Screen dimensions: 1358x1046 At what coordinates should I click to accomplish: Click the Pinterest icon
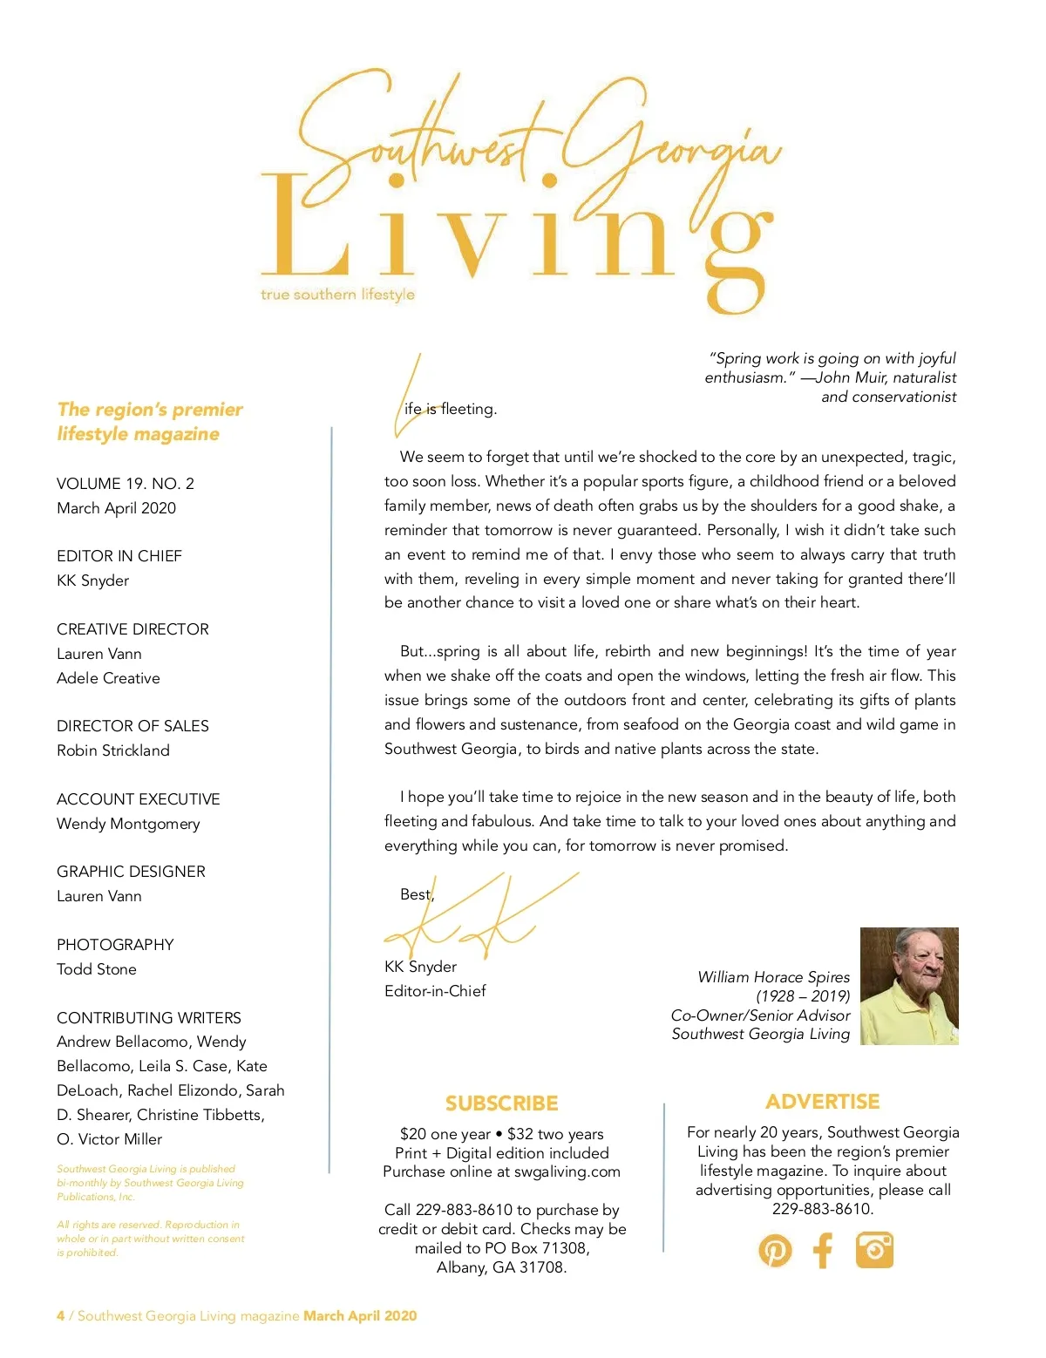click(x=775, y=1251)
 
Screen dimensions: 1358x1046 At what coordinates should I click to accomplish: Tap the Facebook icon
click(x=824, y=1251)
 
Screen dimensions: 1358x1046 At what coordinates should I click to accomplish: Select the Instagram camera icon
click(x=874, y=1250)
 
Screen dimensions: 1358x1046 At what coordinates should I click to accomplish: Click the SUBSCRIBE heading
click(x=501, y=1103)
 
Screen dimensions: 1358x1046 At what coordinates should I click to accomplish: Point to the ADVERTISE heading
click(x=822, y=1102)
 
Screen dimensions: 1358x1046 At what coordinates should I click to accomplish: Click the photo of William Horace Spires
click(x=909, y=986)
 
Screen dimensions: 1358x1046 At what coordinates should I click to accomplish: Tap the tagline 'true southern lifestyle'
click(x=337, y=295)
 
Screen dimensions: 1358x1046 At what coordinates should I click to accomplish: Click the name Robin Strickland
click(x=113, y=750)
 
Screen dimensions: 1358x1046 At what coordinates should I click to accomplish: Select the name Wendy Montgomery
click(x=128, y=824)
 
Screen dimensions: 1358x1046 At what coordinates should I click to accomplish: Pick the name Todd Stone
click(x=97, y=969)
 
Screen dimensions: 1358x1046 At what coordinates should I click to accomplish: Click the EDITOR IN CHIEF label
click(x=119, y=556)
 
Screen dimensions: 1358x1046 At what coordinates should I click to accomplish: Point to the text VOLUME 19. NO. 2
click(x=126, y=484)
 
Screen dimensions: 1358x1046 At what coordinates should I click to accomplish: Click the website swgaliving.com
click(x=567, y=1172)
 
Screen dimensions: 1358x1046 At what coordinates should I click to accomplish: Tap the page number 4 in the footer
click(x=60, y=1316)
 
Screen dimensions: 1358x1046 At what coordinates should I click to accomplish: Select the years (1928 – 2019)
click(x=803, y=996)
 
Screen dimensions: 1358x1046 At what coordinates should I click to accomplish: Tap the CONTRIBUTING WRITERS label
click(x=149, y=1018)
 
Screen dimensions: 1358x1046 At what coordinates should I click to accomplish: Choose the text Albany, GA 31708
click(x=501, y=1267)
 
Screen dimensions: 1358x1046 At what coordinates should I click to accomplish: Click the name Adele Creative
click(x=108, y=678)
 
